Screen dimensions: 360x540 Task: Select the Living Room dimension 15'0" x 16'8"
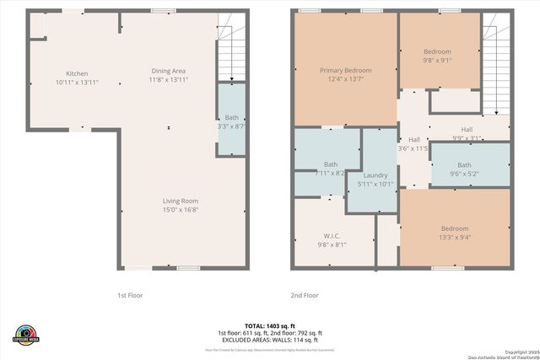tap(181, 210)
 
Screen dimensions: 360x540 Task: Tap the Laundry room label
tap(375, 175)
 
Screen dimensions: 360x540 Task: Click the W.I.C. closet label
tap(331, 235)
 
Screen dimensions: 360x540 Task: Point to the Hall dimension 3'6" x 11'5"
tap(413, 148)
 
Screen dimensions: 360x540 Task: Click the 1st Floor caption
tap(133, 296)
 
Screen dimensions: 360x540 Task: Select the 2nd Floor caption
tap(305, 296)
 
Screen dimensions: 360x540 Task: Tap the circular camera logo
tap(26, 333)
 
